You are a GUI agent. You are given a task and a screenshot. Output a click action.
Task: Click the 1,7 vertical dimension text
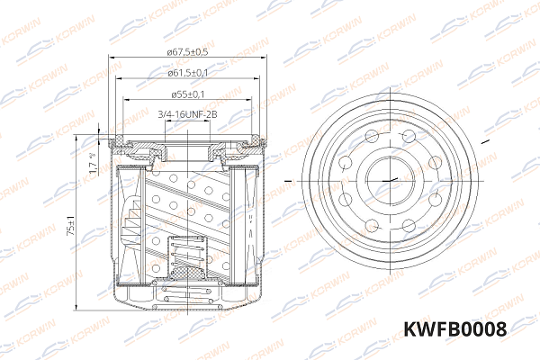(x=94, y=163)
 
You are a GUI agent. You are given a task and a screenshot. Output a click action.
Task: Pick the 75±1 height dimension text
(x=71, y=226)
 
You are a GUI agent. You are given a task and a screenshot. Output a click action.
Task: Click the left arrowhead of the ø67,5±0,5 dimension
(x=111, y=58)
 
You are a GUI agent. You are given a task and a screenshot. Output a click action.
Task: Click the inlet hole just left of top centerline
(x=372, y=136)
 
